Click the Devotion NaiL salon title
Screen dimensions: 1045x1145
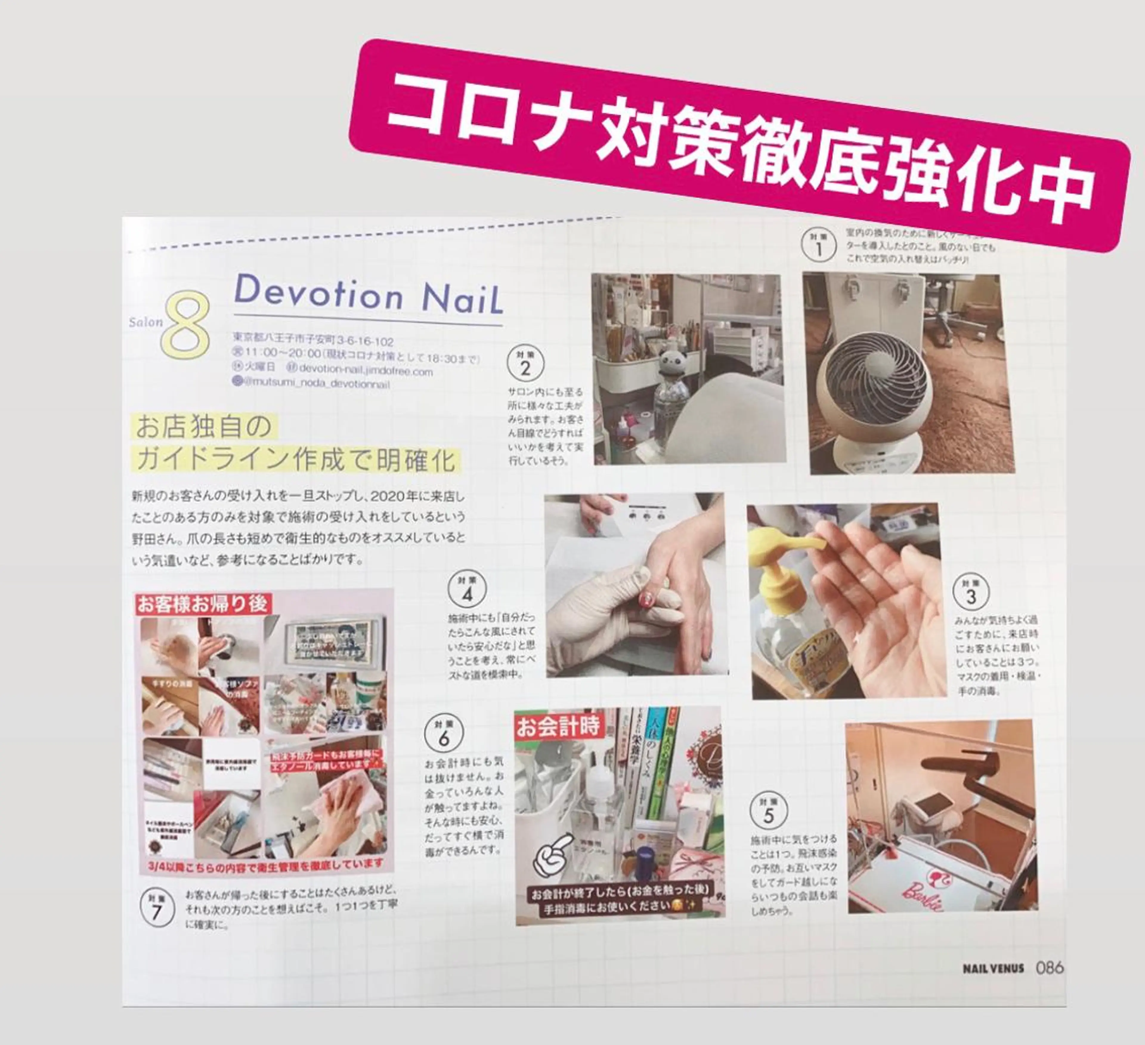click(368, 295)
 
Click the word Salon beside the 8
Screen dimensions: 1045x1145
click(146, 322)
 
